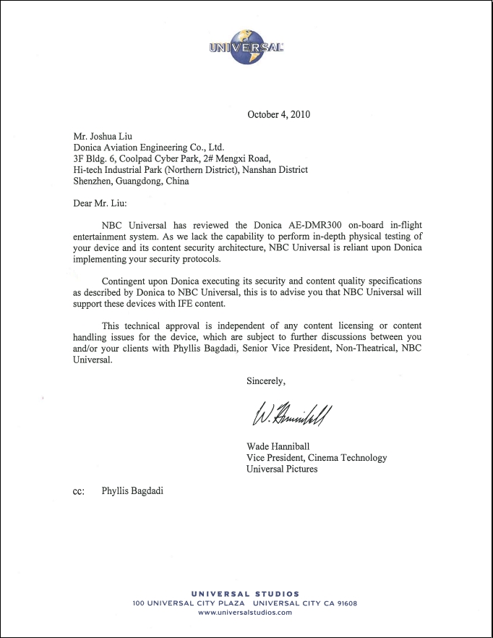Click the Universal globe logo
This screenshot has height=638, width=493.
coord(246,46)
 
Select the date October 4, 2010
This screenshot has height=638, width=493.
coord(278,114)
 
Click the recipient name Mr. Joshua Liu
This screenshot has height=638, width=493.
coord(103,135)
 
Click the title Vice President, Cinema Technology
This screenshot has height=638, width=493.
coord(317,458)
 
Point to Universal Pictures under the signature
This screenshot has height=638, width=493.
coord(282,469)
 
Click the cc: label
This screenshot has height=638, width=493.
coord(79,491)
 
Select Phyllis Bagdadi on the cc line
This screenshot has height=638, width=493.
coord(132,491)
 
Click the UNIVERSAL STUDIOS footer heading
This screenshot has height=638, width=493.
coord(245,594)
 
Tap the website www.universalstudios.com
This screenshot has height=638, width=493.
coord(245,612)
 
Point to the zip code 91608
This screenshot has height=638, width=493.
coord(344,603)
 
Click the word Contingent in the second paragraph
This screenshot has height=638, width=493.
coord(125,281)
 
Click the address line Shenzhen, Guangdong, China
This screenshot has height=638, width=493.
coord(131,181)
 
